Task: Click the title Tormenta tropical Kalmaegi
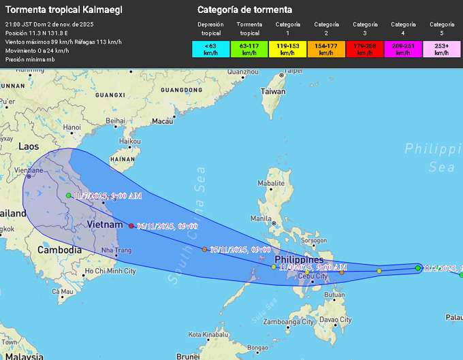click(x=53, y=10)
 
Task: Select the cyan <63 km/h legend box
click(x=210, y=49)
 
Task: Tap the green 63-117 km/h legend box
click(x=249, y=49)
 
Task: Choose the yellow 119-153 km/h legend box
click(x=287, y=49)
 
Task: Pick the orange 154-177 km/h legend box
click(x=326, y=49)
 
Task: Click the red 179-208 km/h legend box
click(x=365, y=49)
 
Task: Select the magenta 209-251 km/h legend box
click(x=403, y=49)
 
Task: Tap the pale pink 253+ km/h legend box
click(x=442, y=49)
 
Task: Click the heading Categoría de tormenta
click(x=244, y=10)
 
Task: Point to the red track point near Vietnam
click(x=131, y=226)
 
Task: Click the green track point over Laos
click(x=69, y=195)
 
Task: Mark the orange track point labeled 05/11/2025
click(x=204, y=250)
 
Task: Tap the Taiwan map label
click(x=273, y=91)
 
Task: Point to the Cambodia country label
click(x=60, y=250)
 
